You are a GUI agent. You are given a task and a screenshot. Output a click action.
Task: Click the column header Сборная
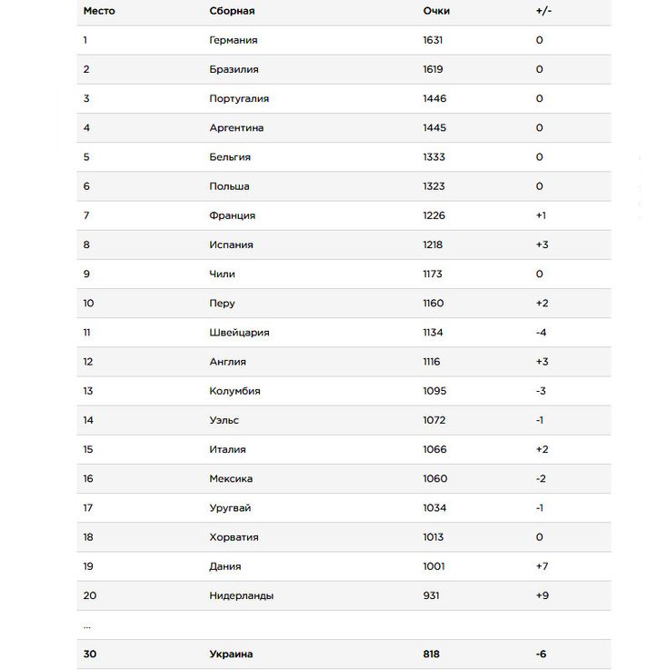pyautogui.click(x=232, y=11)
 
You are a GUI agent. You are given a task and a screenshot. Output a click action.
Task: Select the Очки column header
pyautogui.click(x=436, y=11)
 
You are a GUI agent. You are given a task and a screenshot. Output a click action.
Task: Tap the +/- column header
pyautogui.click(x=543, y=11)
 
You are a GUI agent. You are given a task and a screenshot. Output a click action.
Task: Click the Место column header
pyautogui.click(x=99, y=11)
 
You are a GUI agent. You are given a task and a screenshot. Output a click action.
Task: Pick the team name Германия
pyautogui.click(x=234, y=40)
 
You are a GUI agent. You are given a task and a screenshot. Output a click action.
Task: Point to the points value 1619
pyautogui.click(x=434, y=69)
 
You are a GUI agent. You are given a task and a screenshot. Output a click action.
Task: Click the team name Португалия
pyautogui.click(x=239, y=98)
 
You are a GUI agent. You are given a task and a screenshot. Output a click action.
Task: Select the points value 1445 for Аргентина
pyautogui.click(x=434, y=128)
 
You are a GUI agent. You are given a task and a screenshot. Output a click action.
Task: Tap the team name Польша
pyautogui.click(x=229, y=186)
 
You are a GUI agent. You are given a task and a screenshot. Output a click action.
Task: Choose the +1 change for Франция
pyautogui.click(x=541, y=215)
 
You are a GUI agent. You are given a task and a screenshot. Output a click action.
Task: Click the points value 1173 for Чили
pyautogui.click(x=433, y=274)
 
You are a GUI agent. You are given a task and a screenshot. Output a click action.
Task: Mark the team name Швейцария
pyautogui.click(x=239, y=333)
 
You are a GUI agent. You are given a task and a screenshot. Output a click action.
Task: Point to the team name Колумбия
pyautogui.click(x=234, y=391)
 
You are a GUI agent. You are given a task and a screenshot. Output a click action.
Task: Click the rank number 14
pyautogui.click(x=88, y=420)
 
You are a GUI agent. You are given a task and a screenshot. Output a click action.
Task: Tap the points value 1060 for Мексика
pyautogui.click(x=434, y=478)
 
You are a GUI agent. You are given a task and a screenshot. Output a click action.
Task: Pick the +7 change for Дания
pyautogui.click(x=542, y=566)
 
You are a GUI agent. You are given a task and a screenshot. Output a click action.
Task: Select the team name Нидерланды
pyautogui.click(x=241, y=595)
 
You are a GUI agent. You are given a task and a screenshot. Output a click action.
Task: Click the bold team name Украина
pyautogui.click(x=231, y=654)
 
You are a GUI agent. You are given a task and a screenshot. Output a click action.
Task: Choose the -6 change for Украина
pyautogui.click(x=541, y=654)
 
